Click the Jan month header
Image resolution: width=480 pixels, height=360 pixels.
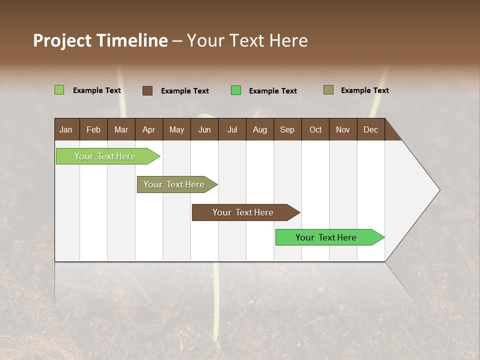click(66, 129)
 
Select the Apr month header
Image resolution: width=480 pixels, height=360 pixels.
click(149, 129)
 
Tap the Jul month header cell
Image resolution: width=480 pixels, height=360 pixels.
click(232, 129)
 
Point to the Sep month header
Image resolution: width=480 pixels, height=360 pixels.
click(287, 129)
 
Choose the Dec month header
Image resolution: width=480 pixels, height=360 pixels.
click(370, 129)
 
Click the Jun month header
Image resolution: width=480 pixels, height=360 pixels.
click(204, 129)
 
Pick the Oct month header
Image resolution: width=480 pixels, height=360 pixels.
click(315, 129)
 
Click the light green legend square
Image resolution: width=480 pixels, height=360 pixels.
click(59, 90)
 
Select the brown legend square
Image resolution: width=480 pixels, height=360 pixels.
click(147, 90)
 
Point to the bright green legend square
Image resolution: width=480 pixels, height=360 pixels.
click(235, 90)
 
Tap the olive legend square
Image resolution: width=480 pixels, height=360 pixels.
click(328, 90)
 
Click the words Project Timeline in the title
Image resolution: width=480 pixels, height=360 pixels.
click(100, 40)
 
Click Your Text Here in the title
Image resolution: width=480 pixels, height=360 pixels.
click(247, 40)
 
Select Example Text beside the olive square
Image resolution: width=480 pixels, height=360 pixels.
click(364, 90)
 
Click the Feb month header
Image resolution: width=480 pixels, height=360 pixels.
click(93, 129)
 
